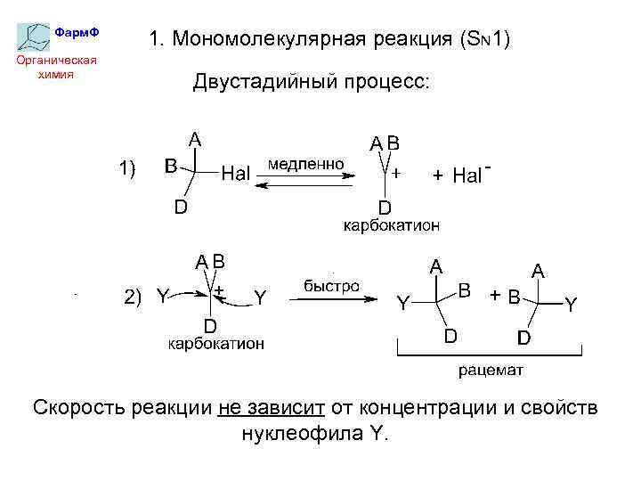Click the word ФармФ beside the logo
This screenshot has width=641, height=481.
[x=77, y=32]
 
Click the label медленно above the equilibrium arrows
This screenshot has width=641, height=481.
[x=305, y=165]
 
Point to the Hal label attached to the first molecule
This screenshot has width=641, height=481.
[x=235, y=174]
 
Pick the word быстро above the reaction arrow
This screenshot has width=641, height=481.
[x=331, y=287]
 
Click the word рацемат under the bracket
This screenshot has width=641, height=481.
[x=491, y=370]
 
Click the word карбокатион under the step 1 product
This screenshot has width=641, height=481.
[x=392, y=226]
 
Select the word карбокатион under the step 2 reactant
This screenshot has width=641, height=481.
[x=216, y=343]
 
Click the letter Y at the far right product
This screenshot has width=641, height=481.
[x=571, y=305]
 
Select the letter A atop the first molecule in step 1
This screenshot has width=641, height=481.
[x=194, y=139]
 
